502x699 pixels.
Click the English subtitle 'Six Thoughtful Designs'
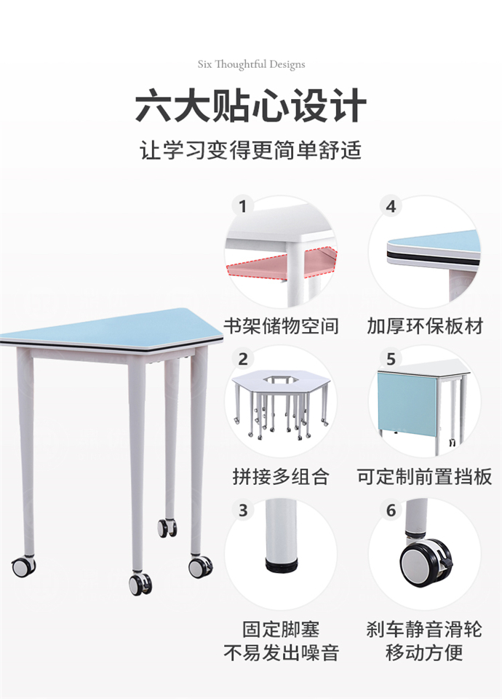click(251, 64)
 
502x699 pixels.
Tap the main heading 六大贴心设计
click(251, 106)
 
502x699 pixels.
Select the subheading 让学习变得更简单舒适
click(251, 151)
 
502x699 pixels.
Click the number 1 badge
click(243, 206)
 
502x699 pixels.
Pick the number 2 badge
click(243, 358)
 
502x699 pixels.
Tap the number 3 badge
click(243, 510)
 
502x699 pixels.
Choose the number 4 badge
click(391, 206)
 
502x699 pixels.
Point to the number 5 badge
click(391, 358)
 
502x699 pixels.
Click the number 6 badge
click(391, 510)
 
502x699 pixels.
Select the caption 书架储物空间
click(281, 325)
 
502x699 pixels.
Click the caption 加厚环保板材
click(425, 325)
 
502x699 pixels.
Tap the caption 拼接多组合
click(281, 476)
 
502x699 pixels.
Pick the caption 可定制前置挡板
click(425, 476)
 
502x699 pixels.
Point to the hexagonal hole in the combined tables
click(279, 379)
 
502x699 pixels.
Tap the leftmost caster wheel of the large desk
click(23, 566)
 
